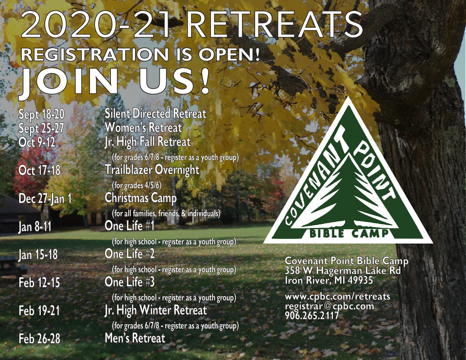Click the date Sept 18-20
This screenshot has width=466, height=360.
click(41, 114)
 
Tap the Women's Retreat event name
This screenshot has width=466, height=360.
click(143, 128)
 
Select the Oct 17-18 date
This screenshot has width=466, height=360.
click(40, 171)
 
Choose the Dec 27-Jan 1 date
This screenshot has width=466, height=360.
click(45, 199)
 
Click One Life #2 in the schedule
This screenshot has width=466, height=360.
click(129, 254)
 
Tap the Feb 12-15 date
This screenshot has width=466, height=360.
click(39, 283)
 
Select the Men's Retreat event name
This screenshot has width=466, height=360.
click(135, 338)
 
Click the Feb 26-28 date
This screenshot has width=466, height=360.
click(39, 339)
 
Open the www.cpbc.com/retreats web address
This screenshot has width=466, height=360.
click(338, 297)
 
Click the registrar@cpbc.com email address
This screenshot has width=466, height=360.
click(329, 306)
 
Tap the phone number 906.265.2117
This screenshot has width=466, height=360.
click(312, 315)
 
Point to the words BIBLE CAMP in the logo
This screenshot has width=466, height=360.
click(349, 233)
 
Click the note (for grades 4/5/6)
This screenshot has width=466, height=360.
click(137, 185)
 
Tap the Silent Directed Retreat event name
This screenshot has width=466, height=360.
click(156, 113)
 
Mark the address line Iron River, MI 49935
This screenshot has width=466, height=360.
click(329, 280)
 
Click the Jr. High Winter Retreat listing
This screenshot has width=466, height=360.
click(156, 310)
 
